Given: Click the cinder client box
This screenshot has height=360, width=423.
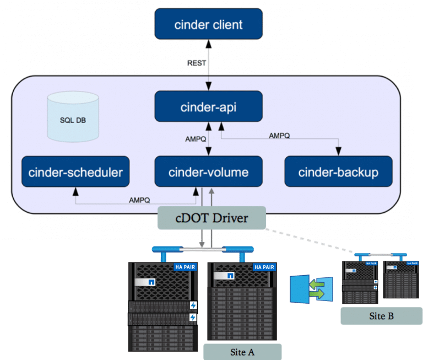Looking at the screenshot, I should pyautogui.click(x=208, y=24).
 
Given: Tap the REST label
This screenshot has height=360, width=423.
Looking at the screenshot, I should pyautogui.click(x=197, y=63).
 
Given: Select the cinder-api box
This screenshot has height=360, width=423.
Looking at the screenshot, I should pyautogui.click(x=208, y=107).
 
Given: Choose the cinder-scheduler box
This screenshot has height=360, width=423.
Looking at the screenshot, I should pyautogui.click(x=75, y=172).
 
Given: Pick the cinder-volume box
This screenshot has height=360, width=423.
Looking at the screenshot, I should pyautogui.click(x=208, y=172).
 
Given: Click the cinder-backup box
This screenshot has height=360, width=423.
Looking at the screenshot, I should pyautogui.click(x=338, y=172).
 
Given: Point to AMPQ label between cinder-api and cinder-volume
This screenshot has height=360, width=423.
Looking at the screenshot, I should pyautogui.click(x=196, y=139).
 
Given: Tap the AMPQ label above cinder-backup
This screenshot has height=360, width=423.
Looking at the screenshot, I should pyautogui.click(x=280, y=136).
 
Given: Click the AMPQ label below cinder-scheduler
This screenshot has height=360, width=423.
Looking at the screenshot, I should pyautogui.click(x=139, y=200).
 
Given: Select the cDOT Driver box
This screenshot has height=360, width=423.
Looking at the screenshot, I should pyautogui.click(x=212, y=218).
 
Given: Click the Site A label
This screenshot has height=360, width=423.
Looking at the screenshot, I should pyautogui.click(x=242, y=352).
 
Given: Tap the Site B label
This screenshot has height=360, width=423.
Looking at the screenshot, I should pyautogui.click(x=373, y=316).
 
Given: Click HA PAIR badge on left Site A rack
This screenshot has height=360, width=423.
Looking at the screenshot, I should pyautogui.click(x=183, y=267).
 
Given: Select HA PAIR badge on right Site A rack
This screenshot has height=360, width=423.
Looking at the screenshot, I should pyautogui.click(x=263, y=267).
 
